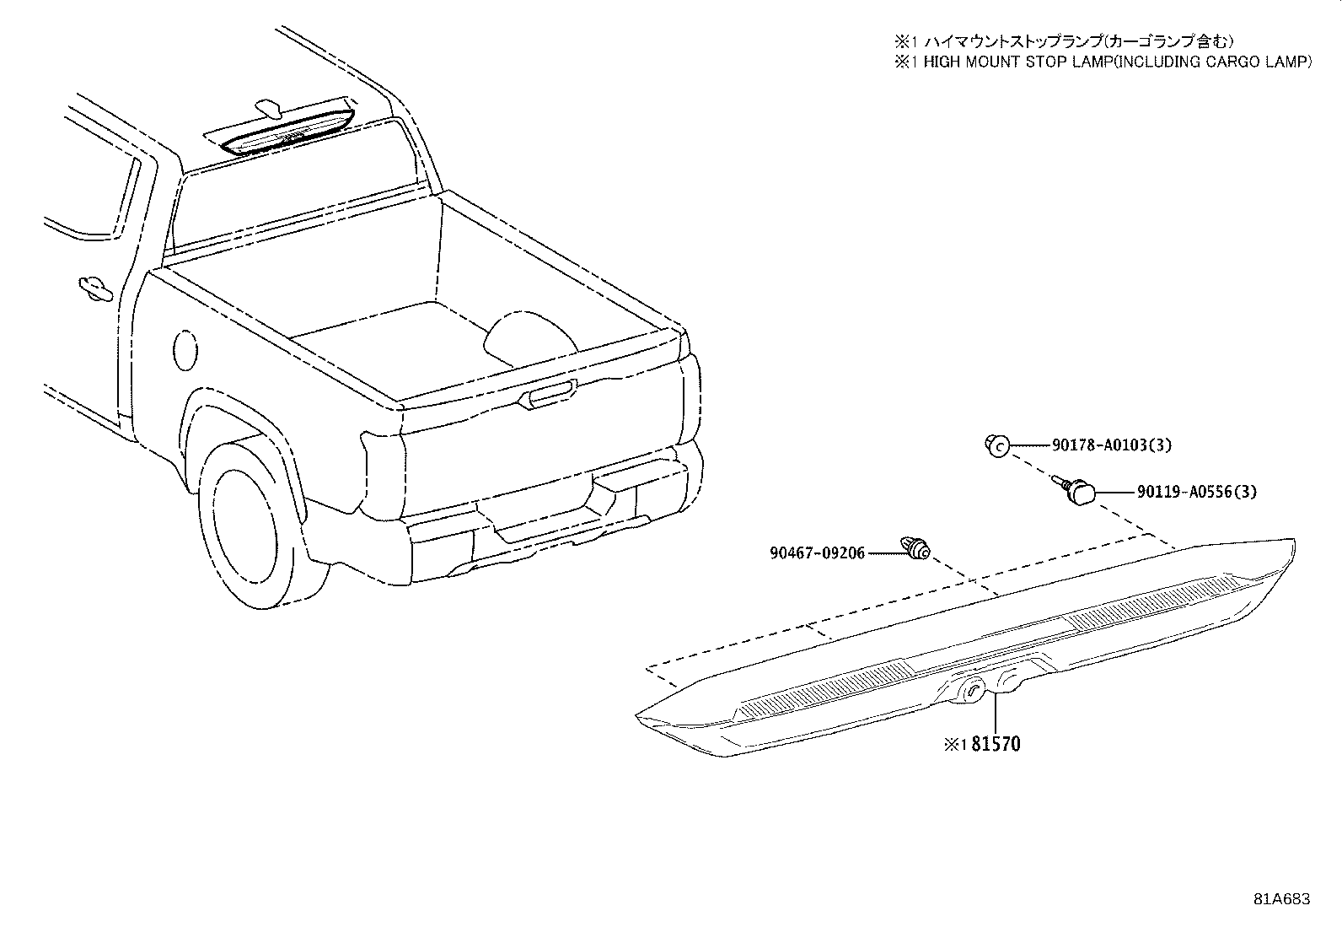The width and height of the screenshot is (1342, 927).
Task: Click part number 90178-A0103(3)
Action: tap(1111, 445)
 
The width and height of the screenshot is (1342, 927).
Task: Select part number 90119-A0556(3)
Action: tap(1196, 492)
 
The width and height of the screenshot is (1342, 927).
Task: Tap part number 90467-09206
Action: tap(817, 552)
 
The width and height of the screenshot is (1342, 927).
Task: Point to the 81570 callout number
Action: tap(995, 744)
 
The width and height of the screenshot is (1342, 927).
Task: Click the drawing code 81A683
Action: tap(1282, 899)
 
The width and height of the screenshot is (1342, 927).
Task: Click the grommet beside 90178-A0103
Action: tap(997, 445)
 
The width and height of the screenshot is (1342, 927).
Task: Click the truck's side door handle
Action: tap(95, 288)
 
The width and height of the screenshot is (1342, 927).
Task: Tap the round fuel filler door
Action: tap(185, 350)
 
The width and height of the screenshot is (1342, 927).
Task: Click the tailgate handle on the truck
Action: tap(546, 395)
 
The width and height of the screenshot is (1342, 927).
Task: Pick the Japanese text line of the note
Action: tap(1065, 41)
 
